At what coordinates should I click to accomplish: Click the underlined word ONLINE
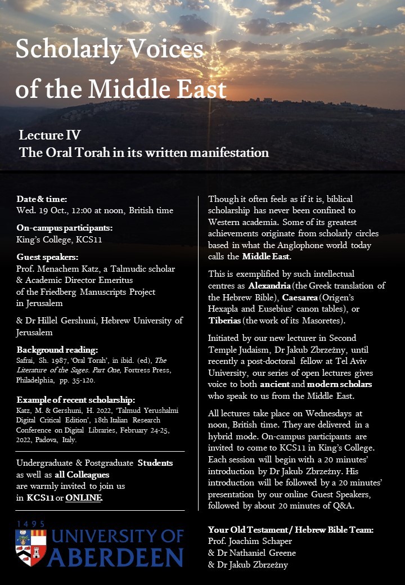84,497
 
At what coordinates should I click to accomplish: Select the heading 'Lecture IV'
49,135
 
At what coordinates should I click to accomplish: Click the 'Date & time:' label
42,199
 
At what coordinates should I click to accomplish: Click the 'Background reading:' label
57,349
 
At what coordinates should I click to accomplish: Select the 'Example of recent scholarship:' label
76,400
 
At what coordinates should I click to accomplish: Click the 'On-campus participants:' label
65,228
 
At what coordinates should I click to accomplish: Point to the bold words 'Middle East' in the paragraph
266,256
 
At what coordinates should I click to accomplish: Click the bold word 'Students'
156,463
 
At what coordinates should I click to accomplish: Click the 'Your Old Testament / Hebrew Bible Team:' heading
291,529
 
